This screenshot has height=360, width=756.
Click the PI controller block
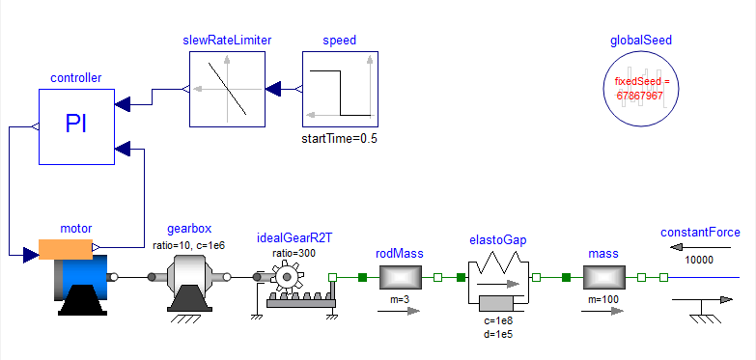click(x=76, y=126)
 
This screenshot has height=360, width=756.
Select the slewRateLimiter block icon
click(x=227, y=89)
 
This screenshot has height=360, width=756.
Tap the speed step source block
click(x=341, y=89)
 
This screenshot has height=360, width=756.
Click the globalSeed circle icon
click(x=641, y=89)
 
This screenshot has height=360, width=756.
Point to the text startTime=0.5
click(x=340, y=139)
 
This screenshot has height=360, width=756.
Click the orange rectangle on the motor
click(x=66, y=249)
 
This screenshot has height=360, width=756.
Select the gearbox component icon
click(x=189, y=284)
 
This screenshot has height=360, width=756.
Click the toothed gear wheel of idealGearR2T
click(x=288, y=277)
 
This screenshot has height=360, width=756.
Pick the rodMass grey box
click(x=400, y=277)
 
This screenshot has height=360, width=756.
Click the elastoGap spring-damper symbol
click(x=498, y=283)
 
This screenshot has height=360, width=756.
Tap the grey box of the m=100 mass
click(x=604, y=277)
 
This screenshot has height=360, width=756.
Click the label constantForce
click(x=700, y=233)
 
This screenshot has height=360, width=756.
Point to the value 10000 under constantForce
click(x=699, y=261)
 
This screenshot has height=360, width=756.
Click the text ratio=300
click(x=294, y=253)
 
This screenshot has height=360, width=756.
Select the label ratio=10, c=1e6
click(x=188, y=245)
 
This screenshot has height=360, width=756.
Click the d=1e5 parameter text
click(x=498, y=334)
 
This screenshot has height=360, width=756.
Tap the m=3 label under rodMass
click(x=400, y=300)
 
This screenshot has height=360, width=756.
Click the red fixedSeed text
click(x=641, y=88)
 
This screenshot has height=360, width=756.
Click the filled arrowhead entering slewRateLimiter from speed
click(x=273, y=89)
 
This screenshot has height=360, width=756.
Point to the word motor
click(x=76, y=228)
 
